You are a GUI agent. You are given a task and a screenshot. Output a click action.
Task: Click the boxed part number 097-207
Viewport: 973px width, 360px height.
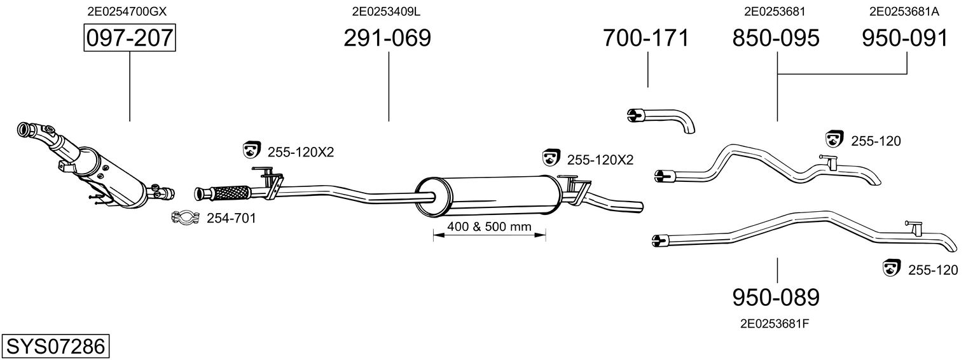(130, 38)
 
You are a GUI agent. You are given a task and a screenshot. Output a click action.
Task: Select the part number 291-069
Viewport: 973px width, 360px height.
(387, 38)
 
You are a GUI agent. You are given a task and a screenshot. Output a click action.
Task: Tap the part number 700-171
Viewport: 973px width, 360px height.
(645, 38)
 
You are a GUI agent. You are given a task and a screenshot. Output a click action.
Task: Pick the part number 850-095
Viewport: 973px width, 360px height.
(776, 38)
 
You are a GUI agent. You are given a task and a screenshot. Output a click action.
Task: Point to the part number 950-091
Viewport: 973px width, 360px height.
(905, 38)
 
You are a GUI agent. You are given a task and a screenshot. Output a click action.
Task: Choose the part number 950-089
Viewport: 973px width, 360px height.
(776, 298)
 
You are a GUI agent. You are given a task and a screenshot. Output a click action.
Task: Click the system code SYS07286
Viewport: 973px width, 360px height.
(55, 347)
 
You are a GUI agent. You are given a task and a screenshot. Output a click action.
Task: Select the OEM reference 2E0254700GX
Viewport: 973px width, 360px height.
(127, 11)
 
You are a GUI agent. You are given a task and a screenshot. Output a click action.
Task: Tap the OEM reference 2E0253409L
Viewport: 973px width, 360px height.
(386, 11)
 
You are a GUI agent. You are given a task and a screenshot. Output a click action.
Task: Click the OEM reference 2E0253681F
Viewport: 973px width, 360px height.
(775, 324)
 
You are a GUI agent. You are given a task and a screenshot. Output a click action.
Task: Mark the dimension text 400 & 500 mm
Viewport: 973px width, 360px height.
(489, 226)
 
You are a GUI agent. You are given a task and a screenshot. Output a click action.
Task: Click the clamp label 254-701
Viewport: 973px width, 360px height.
(231, 218)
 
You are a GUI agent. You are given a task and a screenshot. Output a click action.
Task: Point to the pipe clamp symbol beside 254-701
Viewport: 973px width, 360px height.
(186, 217)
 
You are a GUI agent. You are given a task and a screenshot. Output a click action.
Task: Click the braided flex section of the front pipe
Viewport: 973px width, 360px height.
(230, 193)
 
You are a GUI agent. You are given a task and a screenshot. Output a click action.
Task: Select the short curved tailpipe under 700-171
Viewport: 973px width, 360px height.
(661, 120)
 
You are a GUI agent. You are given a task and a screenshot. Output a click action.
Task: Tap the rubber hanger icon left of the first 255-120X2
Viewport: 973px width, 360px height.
(251, 149)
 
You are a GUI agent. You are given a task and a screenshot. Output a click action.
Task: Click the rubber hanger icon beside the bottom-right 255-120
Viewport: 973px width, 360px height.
(892, 268)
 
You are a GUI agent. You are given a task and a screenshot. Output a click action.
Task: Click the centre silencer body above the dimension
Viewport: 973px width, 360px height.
(488, 197)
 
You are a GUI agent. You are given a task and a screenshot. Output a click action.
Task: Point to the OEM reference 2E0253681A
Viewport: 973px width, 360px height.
(904, 11)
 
